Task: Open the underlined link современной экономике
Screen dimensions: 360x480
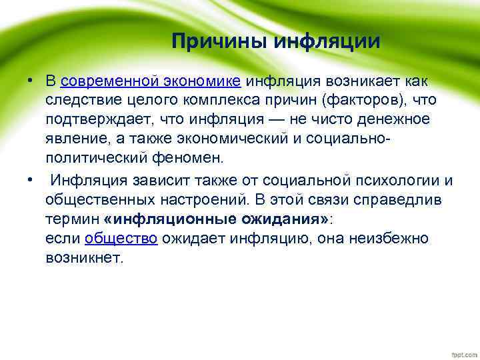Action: [151, 81]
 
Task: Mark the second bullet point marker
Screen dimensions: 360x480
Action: [31, 180]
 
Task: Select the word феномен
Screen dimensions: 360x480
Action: [196, 159]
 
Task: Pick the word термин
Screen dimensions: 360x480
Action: [73, 219]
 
